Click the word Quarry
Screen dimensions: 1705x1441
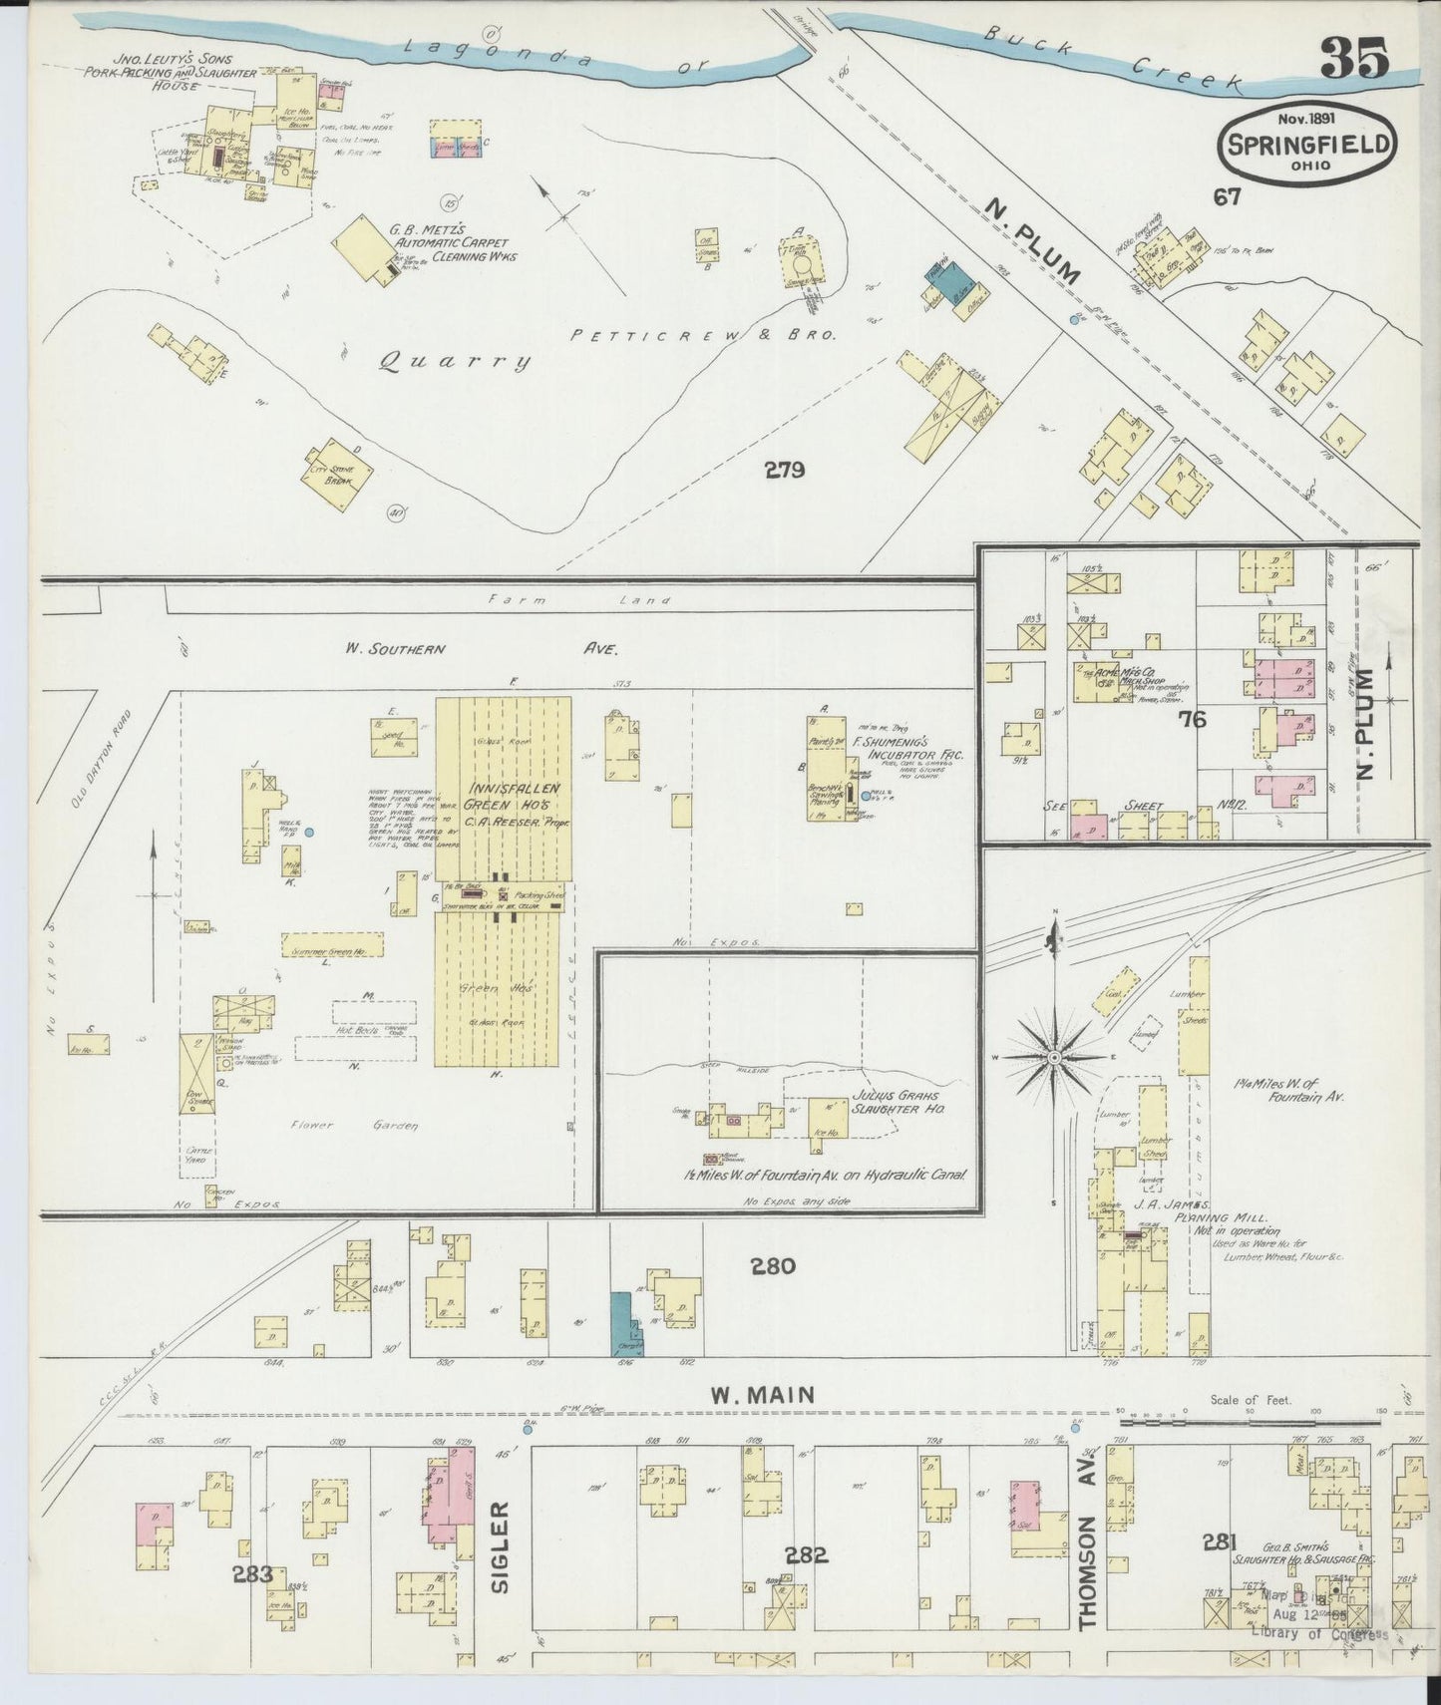(455, 363)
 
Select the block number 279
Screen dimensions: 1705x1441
(784, 470)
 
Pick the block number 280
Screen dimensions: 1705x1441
(773, 1266)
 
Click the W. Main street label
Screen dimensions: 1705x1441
(764, 1396)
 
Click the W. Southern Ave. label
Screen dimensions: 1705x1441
(483, 648)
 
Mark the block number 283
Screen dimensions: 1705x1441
(252, 1575)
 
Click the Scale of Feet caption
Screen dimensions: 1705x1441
(1251, 1400)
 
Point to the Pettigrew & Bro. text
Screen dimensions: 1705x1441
(703, 336)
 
